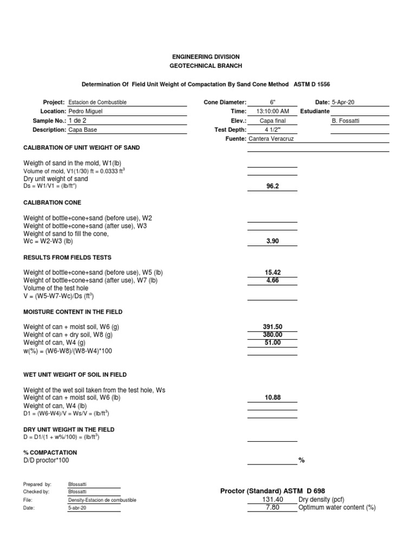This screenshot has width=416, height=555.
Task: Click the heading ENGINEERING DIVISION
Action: [205, 57]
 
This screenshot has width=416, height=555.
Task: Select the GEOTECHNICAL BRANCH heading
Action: [205, 66]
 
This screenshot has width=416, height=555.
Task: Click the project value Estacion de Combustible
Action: [98, 102]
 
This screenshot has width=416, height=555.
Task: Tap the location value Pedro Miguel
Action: [86, 111]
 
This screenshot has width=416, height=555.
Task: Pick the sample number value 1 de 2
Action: [77, 120]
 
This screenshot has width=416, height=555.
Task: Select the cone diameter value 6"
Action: [272, 102]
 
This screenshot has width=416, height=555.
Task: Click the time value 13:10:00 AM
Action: [272, 111]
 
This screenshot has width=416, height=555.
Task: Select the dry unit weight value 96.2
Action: [272, 186]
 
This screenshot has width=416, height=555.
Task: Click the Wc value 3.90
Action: [272, 241]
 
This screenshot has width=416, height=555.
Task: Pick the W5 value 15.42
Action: [272, 272]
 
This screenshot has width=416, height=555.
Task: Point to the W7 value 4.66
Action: [272, 280]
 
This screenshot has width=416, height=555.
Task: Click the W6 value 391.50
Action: [272, 327]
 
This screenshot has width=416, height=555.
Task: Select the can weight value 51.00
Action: [272, 343]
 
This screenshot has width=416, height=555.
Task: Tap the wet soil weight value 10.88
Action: [272, 398]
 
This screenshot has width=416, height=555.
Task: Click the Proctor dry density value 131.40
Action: [272, 499]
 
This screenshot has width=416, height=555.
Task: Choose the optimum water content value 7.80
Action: [272, 508]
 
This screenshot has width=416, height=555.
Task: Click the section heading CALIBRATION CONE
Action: [52, 203]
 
